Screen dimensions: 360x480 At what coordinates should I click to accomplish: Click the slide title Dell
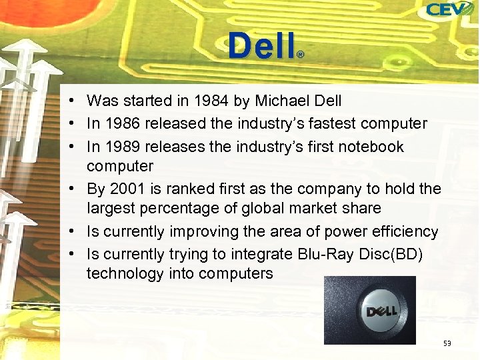261,47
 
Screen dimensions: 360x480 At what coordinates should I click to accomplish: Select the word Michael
281,101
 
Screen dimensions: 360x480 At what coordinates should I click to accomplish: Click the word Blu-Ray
319,254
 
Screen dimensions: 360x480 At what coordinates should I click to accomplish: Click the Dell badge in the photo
381,311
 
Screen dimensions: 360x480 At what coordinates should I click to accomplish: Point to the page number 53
447,343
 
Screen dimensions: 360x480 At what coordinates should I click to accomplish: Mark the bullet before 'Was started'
78,101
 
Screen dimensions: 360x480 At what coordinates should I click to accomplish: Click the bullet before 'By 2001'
78,189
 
